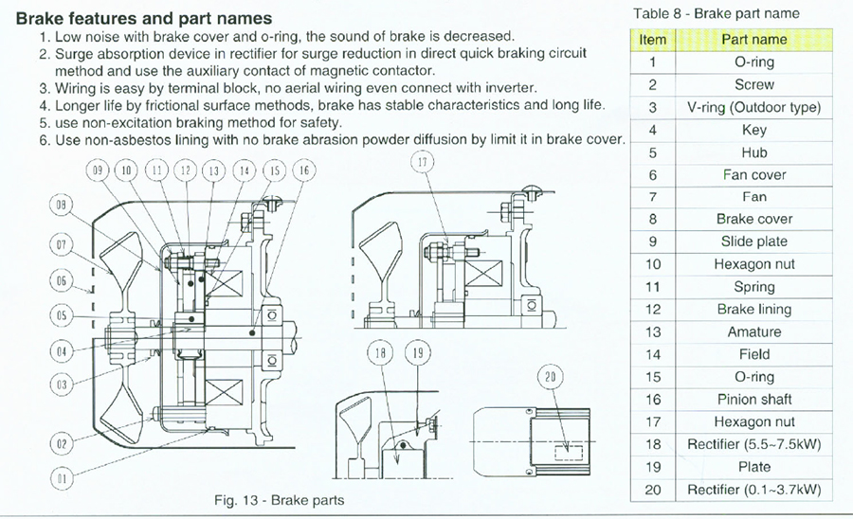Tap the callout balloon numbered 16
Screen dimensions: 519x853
(x=303, y=170)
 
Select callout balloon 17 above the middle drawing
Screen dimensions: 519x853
(x=421, y=162)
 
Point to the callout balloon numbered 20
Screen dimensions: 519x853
(x=550, y=376)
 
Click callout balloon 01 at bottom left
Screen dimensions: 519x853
(x=62, y=479)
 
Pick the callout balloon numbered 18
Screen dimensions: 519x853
(x=380, y=354)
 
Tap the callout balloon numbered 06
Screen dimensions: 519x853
(x=62, y=281)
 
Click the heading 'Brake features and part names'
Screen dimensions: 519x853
(x=144, y=18)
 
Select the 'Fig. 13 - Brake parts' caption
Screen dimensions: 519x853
(x=279, y=499)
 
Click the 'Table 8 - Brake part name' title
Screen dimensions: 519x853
(x=715, y=13)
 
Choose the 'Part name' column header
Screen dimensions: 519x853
(x=754, y=40)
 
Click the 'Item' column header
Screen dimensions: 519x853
(x=653, y=40)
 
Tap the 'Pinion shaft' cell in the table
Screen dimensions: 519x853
(x=754, y=400)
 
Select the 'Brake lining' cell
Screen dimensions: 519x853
(x=754, y=310)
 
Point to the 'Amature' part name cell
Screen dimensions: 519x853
(x=754, y=332)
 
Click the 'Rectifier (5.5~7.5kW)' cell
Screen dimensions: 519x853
(x=754, y=444)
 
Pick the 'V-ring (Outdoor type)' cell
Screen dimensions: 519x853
(x=754, y=107)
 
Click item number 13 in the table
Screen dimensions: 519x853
(x=653, y=332)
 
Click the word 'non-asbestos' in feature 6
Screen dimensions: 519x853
(x=122, y=139)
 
